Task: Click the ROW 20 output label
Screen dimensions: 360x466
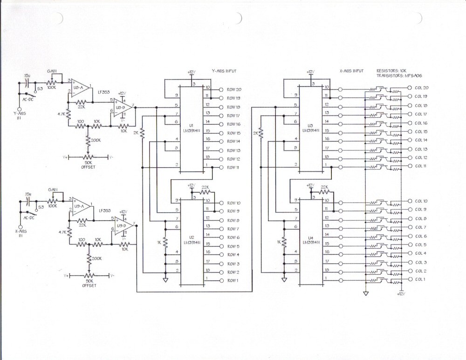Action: (x=234, y=89)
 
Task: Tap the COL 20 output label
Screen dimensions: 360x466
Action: (x=421, y=88)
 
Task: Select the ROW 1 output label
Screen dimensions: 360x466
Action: (x=233, y=280)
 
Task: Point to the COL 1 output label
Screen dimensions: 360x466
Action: (x=420, y=279)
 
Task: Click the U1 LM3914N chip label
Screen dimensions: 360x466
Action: (x=192, y=128)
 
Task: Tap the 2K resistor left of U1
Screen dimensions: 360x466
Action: (x=143, y=134)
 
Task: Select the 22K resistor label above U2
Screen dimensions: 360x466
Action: (x=206, y=186)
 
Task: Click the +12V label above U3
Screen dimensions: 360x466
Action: (x=310, y=72)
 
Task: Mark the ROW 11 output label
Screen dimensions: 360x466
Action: (x=233, y=168)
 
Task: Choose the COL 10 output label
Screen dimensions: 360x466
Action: (x=421, y=201)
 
